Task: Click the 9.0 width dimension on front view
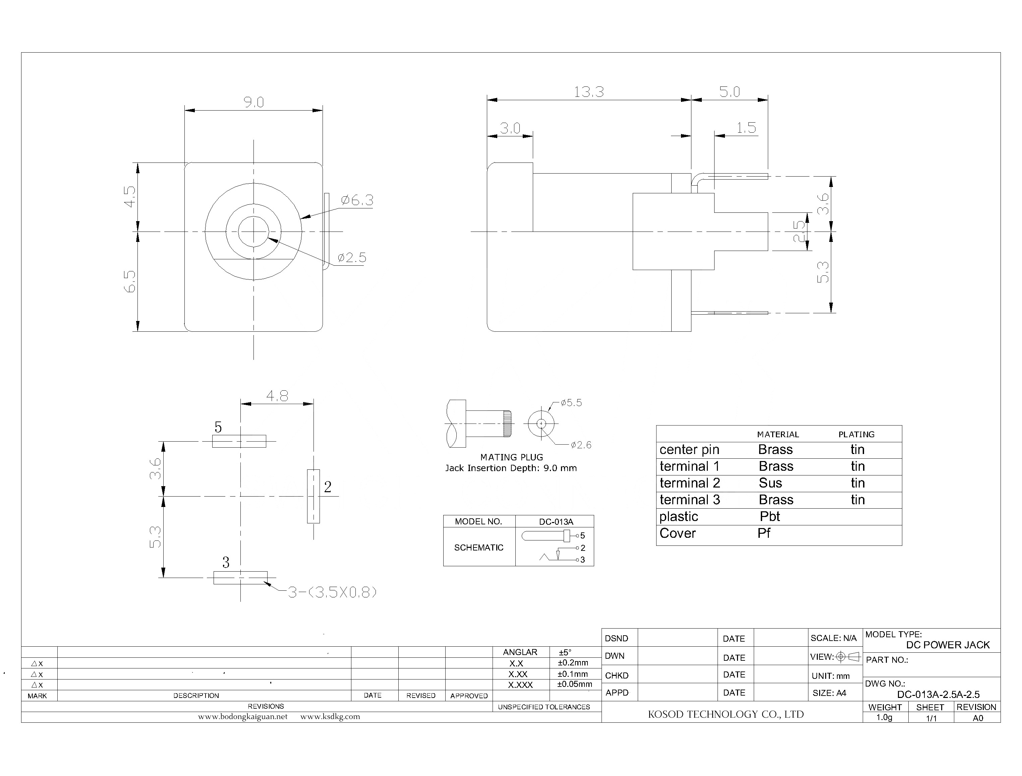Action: pyautogui.click(x=254, y=102)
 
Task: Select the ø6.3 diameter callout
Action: pyautogui.click(x=357, y=200)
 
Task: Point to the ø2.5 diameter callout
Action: pyautogui.click(x=352, y=258)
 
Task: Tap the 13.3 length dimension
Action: pyautogui.click(x=588, y=92)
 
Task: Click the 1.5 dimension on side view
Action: pyautogui.click(x=746, y=128)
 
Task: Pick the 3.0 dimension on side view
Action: pyautogui.click(x=510, y=128)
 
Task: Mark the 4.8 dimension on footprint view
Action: pyautogui.click(x=277, y=396)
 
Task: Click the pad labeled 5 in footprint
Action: pyautogui.click(x=239, y=441)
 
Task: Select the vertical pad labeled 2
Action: pyautogui.click(x=314, y=496)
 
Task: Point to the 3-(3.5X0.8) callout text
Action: pyautogui.click(x=332, y=592)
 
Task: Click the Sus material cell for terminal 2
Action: pyautogui.click(x=770, y=483)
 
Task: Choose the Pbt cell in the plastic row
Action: pyautogui.click(x=770, y=516)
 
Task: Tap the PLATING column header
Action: pyautogui.click(x=856, y=434)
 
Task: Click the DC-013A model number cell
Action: pyautogui.click(x=556, y=521)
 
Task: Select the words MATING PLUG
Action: pyautogui.click(x=511, y=457)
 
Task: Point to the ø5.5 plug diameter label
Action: pyautogui.click(x=571, y=403)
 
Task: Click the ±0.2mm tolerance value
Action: pyautogui.click(x=573, y=663)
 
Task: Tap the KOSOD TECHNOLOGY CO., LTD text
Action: pyautogui.click(x=725, y=714)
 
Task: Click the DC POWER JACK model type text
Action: pyautogui.click(x=948, y=645)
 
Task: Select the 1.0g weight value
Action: pyautogui.click(x=884, y=717)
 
